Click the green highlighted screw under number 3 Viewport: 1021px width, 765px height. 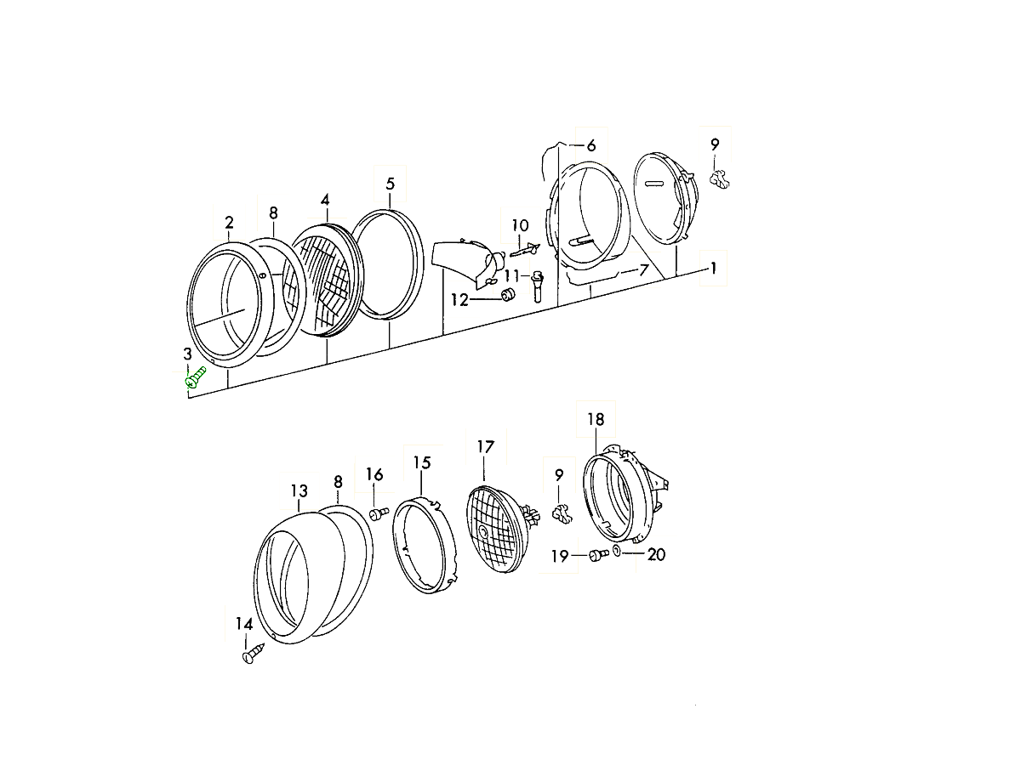(x=195, y=377)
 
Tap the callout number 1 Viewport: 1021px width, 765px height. (x=714, y=268)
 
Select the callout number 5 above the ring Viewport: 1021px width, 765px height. (x=391, y=184)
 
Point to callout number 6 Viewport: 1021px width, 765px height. (x=591, y=145)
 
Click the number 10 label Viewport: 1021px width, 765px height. (x=520, y=226)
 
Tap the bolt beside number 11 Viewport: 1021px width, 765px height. (x=538, y=286)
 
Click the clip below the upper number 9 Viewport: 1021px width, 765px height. (x=719, y=179)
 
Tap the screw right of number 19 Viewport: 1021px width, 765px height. (x=599, y=555)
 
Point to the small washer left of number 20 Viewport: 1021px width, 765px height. (x=616, y=551)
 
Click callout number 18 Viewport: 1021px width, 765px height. (x=596, y=419)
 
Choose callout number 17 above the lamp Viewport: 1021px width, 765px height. (x=486, y=447)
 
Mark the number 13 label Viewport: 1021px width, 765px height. (x=299, y=491)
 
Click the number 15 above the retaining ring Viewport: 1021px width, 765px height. (x=422, y=462)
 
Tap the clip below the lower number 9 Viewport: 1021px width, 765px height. (x=562, y=513)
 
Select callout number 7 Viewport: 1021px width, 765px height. (x=643, y=269)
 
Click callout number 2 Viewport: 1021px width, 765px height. (x=229, y=223)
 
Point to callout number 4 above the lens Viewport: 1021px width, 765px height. (x=325, y=201)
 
